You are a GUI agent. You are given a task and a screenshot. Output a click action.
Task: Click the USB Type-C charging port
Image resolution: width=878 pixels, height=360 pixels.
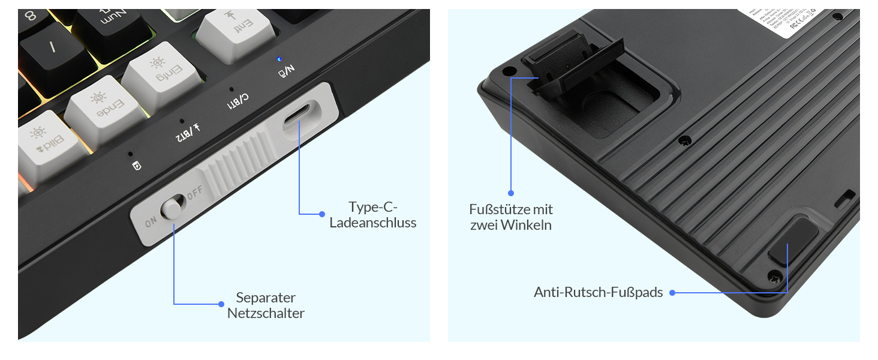pyautogui.click(x=297, y=116)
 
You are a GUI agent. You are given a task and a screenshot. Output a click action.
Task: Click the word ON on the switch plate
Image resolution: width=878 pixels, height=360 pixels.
pyautogui.click(x=151, y=223)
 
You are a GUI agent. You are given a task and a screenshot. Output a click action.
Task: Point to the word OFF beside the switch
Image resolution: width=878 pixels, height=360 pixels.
pyautogui.click(x=196, y=194)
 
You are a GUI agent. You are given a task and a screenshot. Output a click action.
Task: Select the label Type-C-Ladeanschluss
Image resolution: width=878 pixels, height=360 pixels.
pyautogui.click(x=373, y=215)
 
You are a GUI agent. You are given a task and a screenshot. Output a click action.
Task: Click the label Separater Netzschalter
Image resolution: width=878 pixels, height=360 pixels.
pyautogui.click(x=266, y=305)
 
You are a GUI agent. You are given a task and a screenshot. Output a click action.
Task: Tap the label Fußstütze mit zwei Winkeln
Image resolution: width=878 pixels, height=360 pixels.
pyautogui.click(x=511, y=217)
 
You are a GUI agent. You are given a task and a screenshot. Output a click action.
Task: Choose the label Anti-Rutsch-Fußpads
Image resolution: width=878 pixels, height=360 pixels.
pyautogui.click(x=598, y=293)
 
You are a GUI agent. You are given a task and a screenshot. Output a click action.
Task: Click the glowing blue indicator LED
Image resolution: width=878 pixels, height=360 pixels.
pyautogui.click(x=279, y=59)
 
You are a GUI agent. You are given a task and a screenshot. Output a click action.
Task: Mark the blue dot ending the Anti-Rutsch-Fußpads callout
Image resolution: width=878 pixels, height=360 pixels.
pyautogui.click(x=672, y=293)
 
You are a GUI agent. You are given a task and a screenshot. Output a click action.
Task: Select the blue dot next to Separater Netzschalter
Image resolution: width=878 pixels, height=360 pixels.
pyautogui.click(x=221, y=304)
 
